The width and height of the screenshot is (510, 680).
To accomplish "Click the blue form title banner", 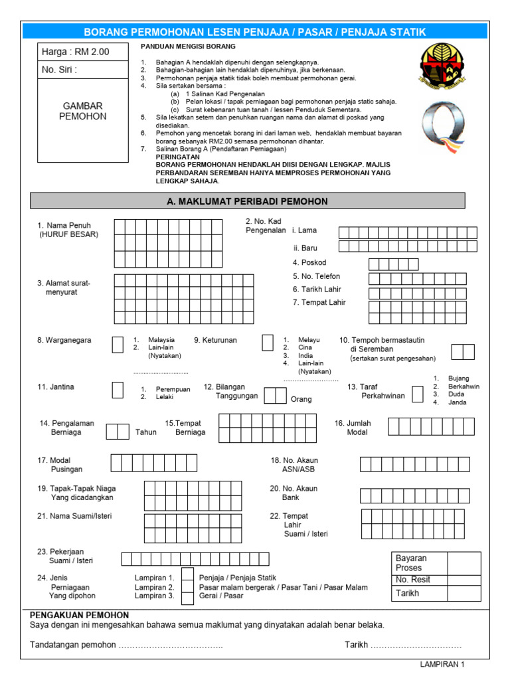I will [x=254, y=32].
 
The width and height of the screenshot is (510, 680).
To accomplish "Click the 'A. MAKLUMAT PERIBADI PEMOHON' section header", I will [x=248, y=201].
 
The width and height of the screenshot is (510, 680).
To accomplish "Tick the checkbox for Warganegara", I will [x=117, y=344].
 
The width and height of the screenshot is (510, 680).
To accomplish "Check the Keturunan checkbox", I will [x=268, y=343].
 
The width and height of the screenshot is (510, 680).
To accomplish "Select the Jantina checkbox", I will [x=117, y=390].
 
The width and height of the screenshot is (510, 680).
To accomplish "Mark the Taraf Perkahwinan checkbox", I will [x=417, y=394].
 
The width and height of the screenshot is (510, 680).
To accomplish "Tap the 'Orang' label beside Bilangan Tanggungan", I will [x=301, y=400].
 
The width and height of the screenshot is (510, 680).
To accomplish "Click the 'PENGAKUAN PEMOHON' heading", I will [x=69, y=616].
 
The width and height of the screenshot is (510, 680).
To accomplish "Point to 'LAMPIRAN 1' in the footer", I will [x=443, y=664].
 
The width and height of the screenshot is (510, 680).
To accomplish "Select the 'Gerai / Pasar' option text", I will [x=221, y=596].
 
